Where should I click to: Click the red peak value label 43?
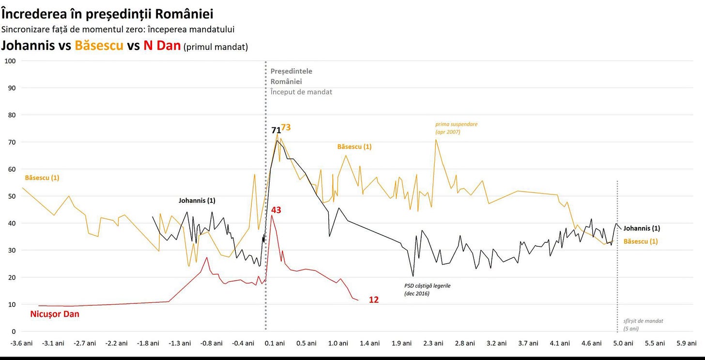(276, 210)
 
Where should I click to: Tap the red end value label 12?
(374, 300)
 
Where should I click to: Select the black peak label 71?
(276, 130)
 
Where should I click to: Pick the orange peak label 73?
(286, 127)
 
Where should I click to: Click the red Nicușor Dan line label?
(55, 314)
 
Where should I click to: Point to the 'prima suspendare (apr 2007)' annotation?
(456, 128)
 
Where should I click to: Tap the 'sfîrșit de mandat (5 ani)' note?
(643, 325)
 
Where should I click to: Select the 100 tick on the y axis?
(10, 61)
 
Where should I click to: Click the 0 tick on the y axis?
(14, 331)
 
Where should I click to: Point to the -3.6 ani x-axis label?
(21, 344)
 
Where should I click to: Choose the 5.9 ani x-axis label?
(687, 344)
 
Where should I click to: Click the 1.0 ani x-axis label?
(338, 344)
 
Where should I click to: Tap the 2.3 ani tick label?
(433, 344)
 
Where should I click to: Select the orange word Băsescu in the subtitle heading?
(99, 45)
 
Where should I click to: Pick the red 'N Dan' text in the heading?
(162, 45)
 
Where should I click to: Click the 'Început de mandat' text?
(301, 92)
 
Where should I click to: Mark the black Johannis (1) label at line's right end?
(642, 228)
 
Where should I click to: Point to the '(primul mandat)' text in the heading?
(215, 47)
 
